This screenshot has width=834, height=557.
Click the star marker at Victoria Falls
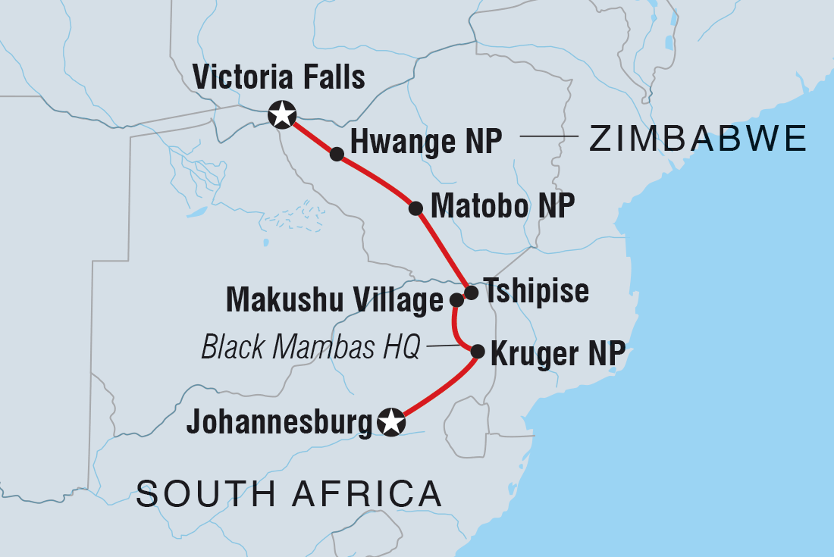click(282, 114)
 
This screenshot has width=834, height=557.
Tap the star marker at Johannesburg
click(390, 422)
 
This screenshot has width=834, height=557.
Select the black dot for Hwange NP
click(337, 154)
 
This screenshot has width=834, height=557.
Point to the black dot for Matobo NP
click(415, 208)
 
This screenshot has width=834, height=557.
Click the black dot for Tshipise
click(471, 293)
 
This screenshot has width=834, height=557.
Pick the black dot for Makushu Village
click(456, 300)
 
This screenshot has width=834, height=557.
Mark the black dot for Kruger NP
click(478, 352)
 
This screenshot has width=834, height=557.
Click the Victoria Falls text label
click(278, 77)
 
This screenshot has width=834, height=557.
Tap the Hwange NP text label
click(426, 141)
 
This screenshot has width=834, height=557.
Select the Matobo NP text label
click(502, 205)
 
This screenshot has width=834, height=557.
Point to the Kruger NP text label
click(558, 352)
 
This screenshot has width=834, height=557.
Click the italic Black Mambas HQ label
click(310, 348)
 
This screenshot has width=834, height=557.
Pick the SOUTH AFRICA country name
click(289, 495)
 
